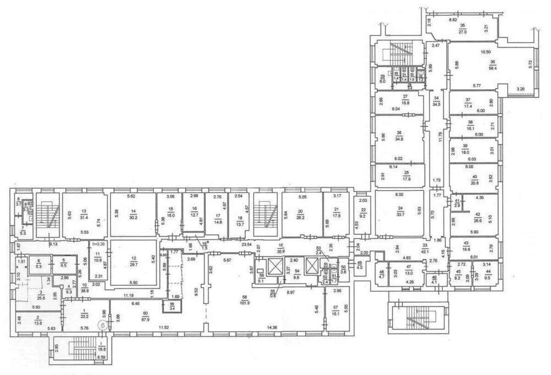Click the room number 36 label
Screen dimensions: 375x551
pyautogui.click(x=492, y=63)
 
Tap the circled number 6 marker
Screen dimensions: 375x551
pyautogui.click(x=104, y=325)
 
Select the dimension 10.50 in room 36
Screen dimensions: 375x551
pyautogui.click(x=486, y=52)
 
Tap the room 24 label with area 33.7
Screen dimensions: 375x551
pyautogui.click(x=402, y=209)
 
